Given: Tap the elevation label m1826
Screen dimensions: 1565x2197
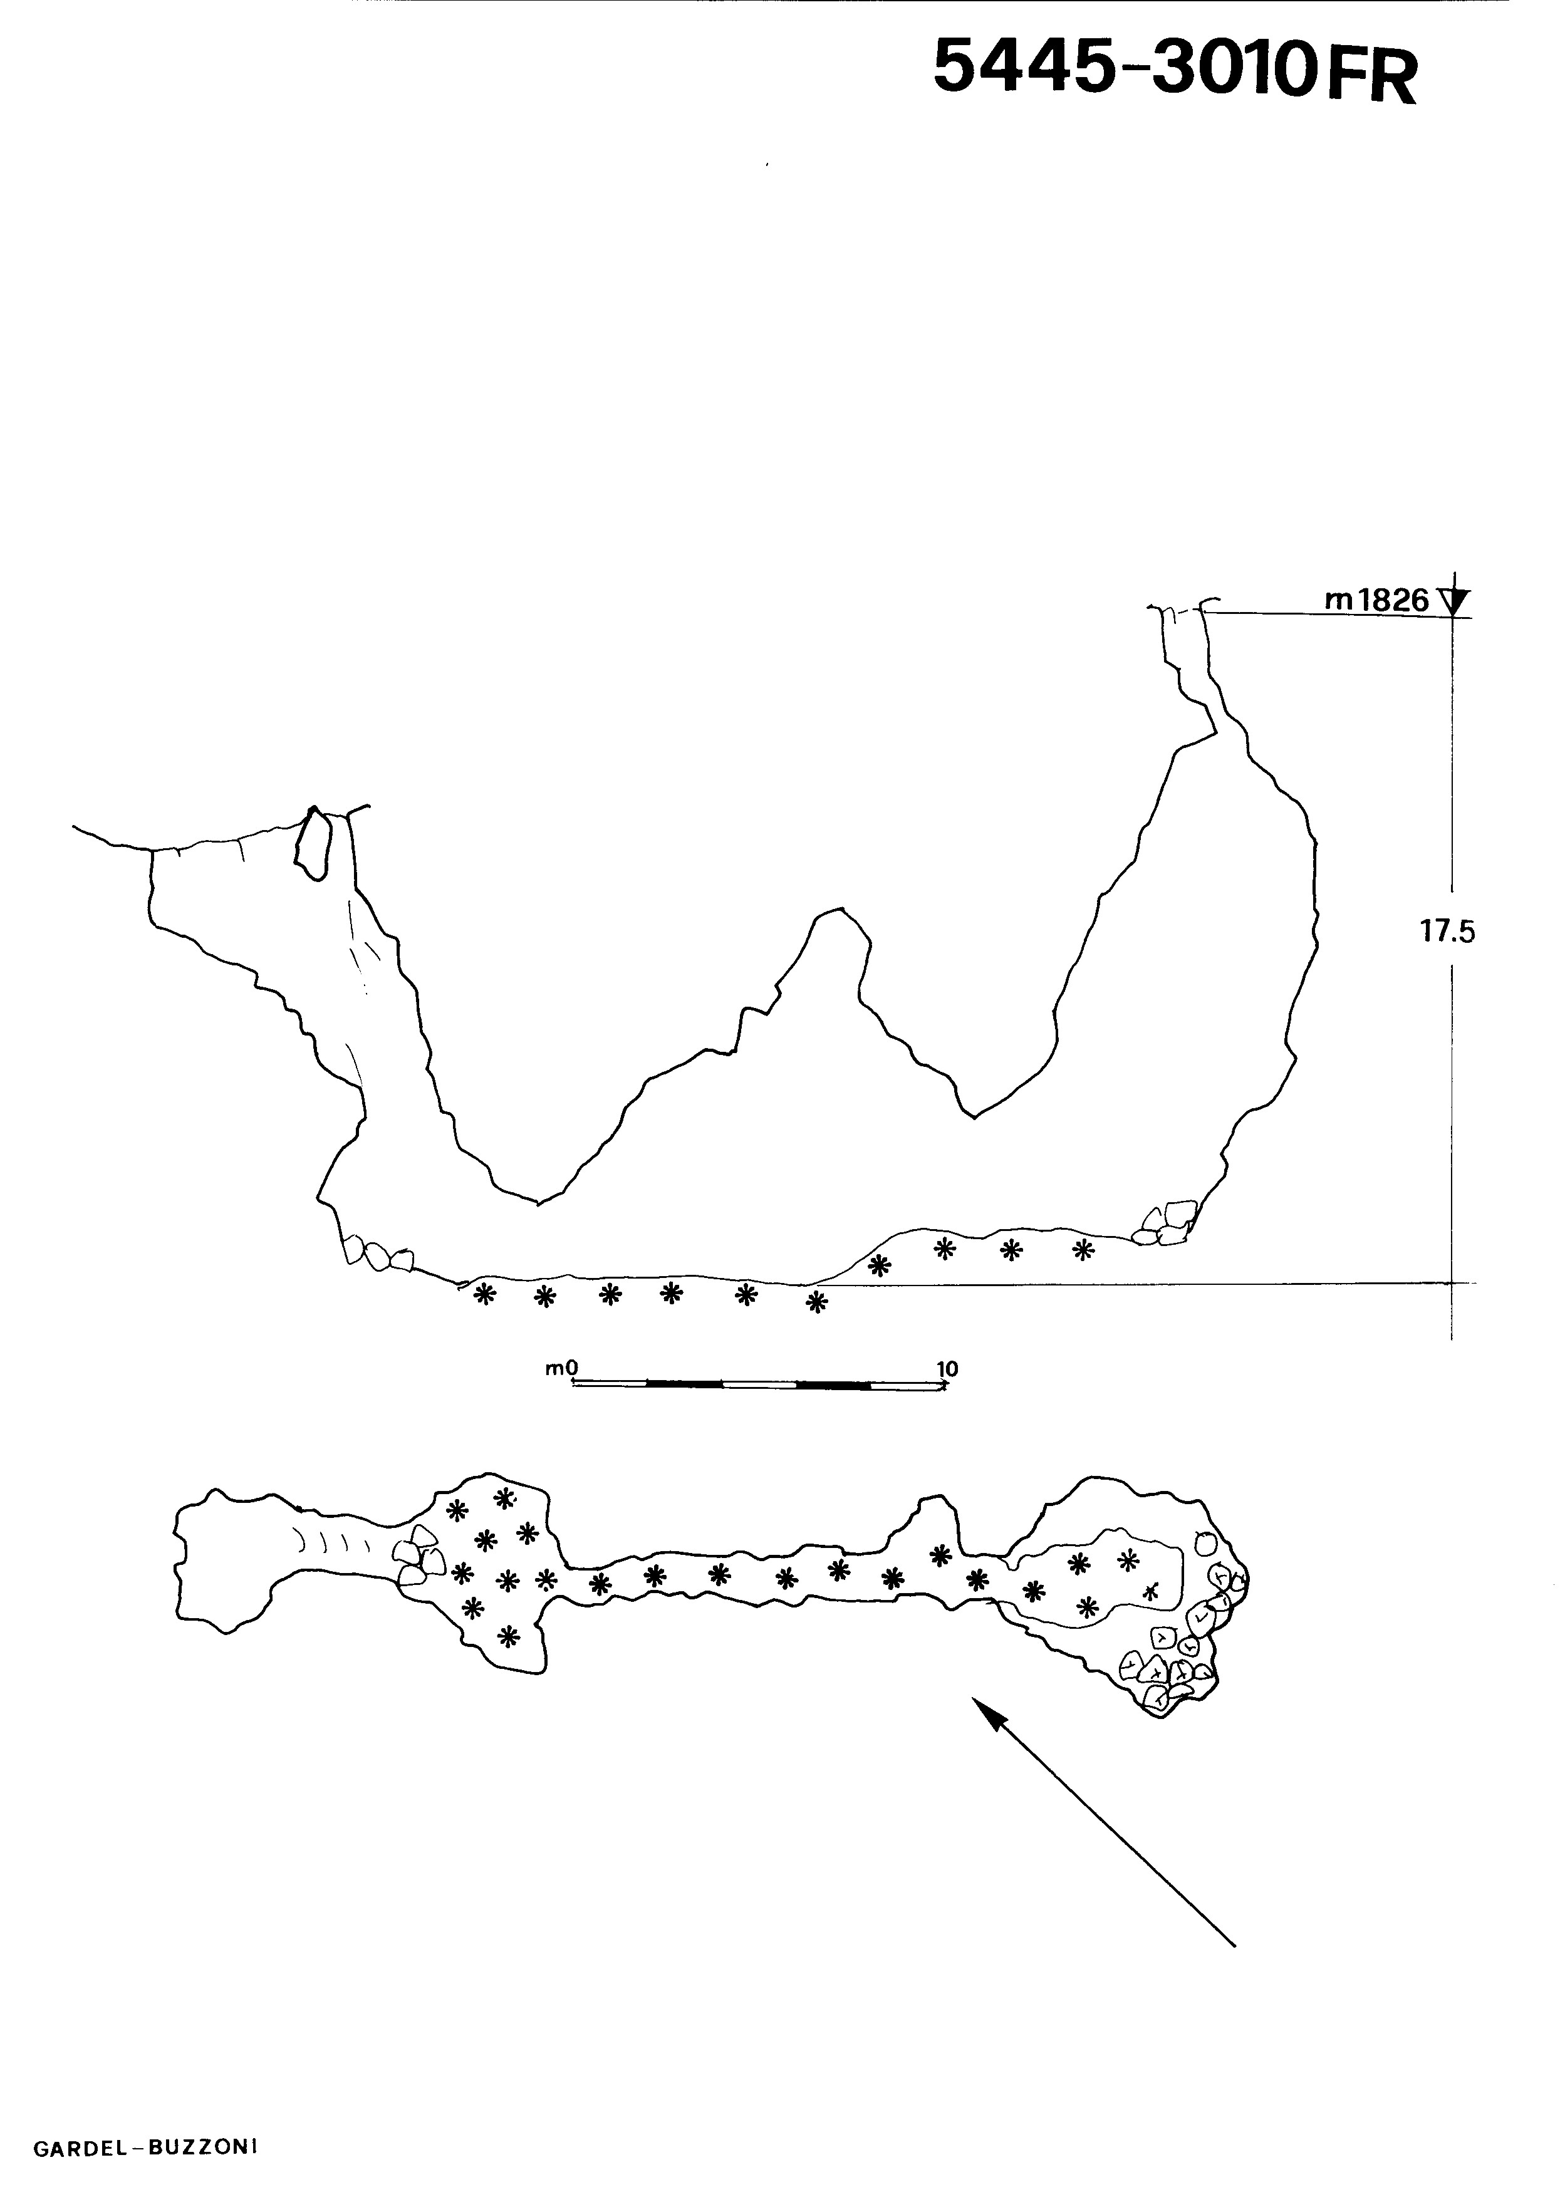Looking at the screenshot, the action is pyautogui.click(x=1377, y=600).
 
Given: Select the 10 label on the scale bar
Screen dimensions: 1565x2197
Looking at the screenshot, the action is pyautogui.click(x=947, y=1368).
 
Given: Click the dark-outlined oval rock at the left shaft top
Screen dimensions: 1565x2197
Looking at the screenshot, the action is pyautogui.click(x=312, y=841).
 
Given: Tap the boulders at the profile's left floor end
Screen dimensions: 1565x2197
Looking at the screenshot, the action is pyautogui.click(x=379, y=1254).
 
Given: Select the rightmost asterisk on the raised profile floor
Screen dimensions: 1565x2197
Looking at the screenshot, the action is pyautogui.click(x=1084, y=1251).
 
